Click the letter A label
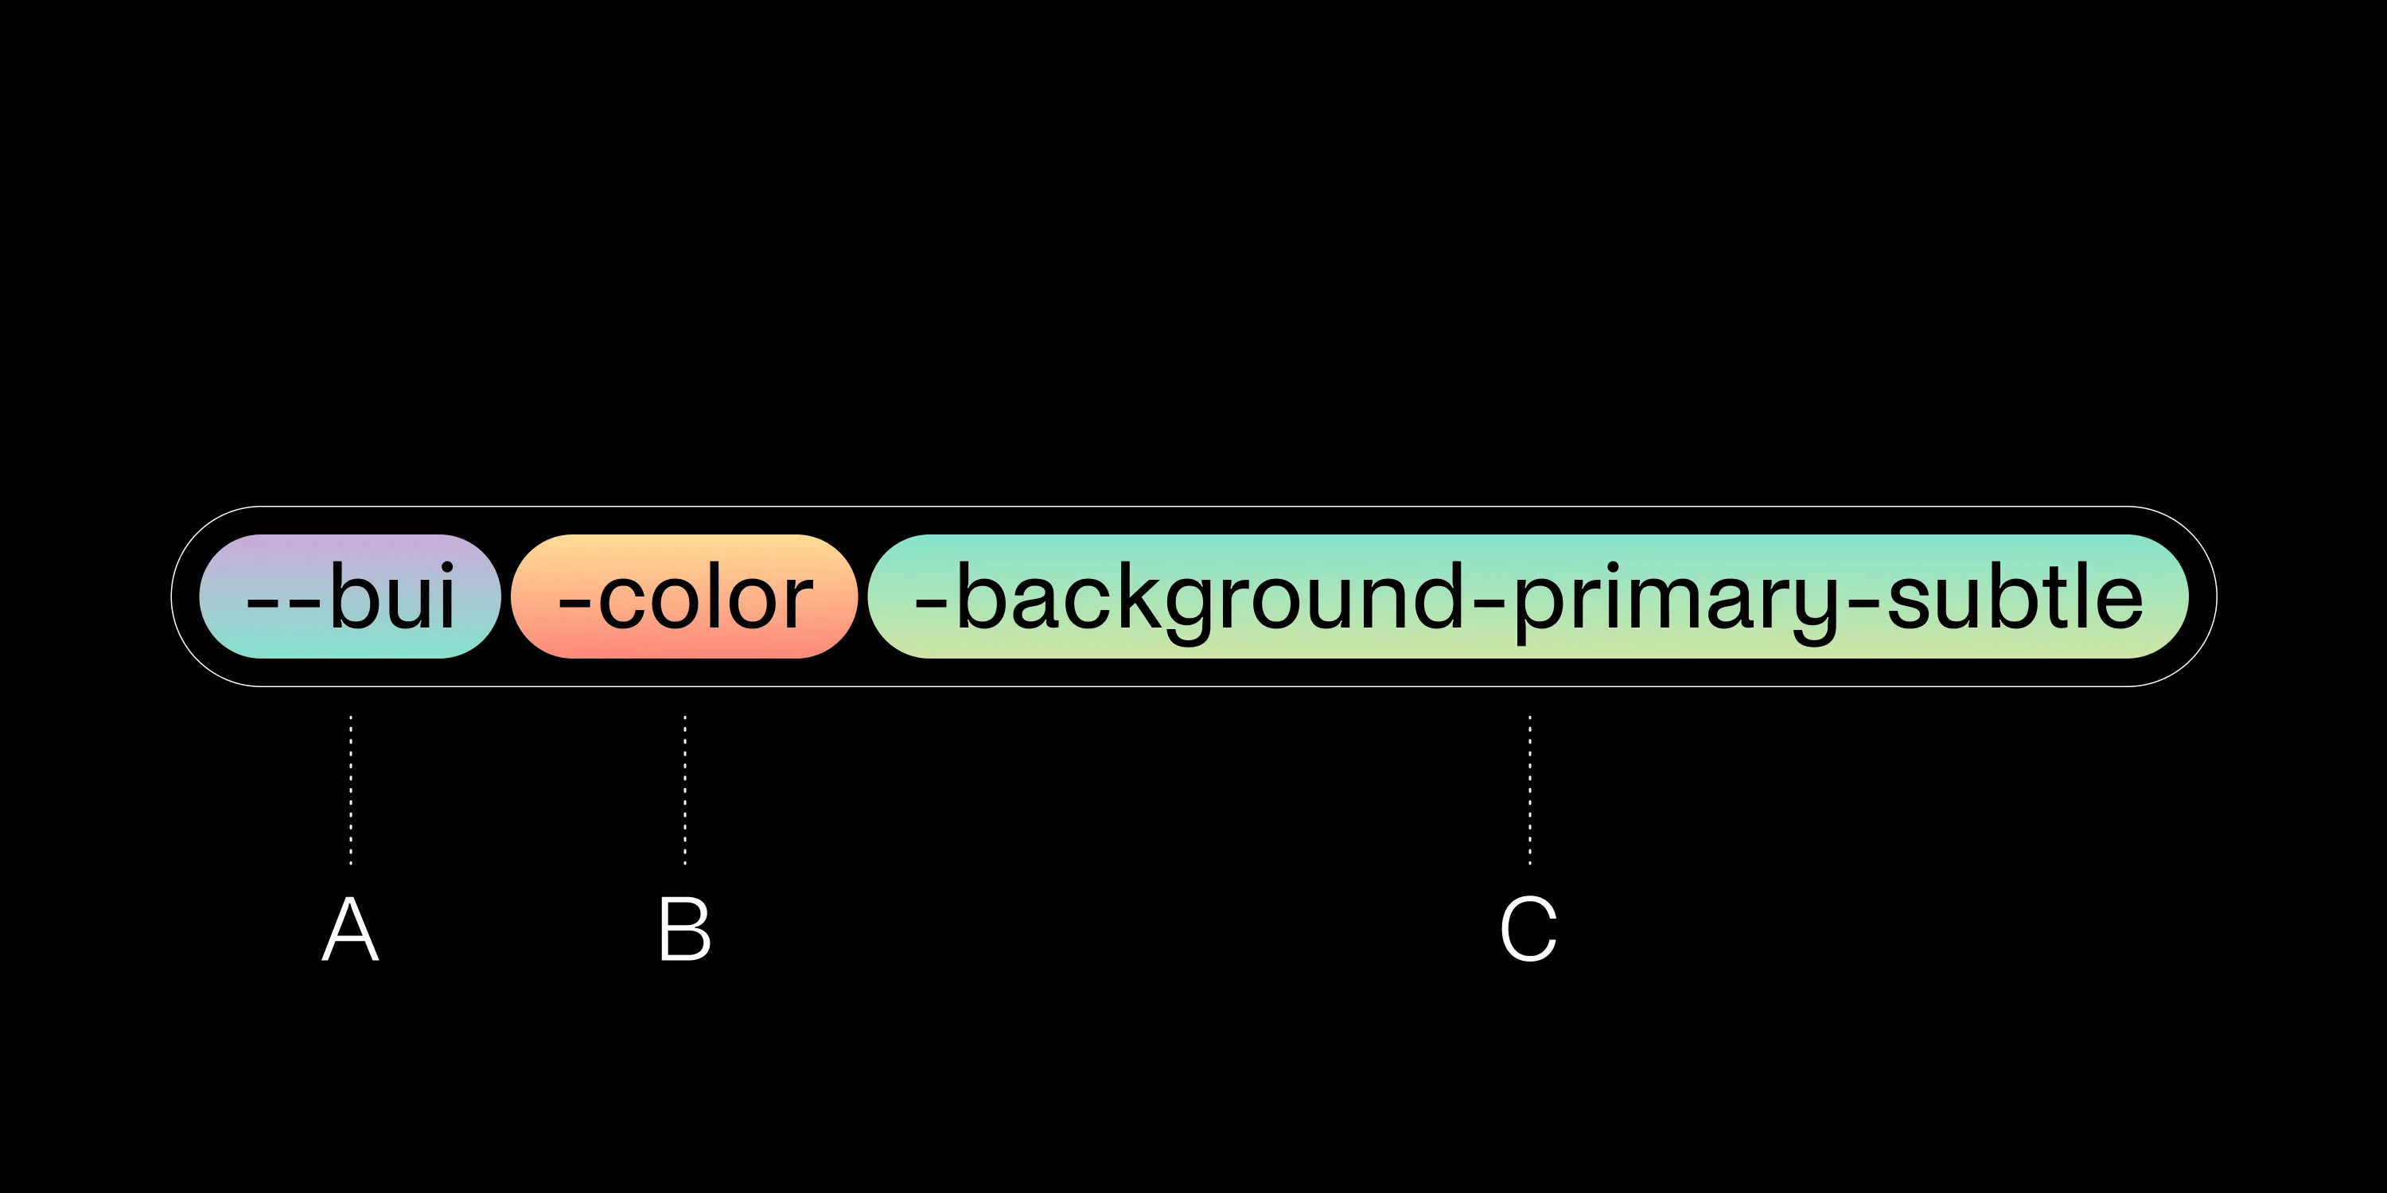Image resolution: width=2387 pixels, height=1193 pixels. [350, 929]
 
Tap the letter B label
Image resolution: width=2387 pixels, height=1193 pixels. [685, 929]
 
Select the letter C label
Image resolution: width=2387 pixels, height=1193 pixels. [1529, 929]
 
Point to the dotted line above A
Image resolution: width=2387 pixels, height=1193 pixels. [350, 790]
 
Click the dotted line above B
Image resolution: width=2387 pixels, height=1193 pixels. [685, 790]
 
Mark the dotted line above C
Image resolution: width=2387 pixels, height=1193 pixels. [1530, 790]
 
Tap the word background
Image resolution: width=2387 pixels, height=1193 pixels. [1210, 600]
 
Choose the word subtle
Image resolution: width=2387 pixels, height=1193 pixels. [2015, 596]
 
